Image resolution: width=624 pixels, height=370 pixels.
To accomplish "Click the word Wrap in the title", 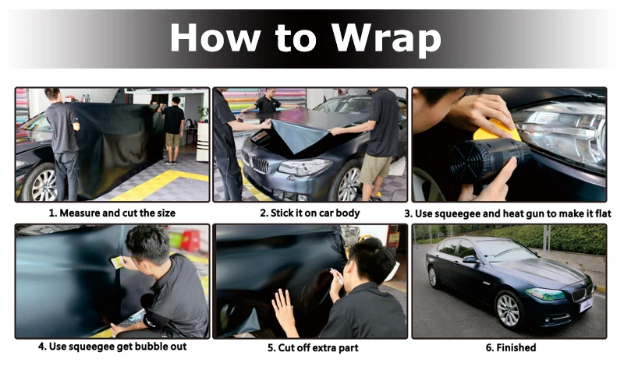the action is pos(386,39).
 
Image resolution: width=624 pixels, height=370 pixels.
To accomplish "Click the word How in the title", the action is pos(215,37).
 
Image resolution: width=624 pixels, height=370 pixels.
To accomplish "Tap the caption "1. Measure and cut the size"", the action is pos(112,213).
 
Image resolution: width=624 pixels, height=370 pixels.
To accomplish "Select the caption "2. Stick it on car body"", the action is pos(310,213).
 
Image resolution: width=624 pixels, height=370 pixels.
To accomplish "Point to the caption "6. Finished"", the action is pos(511,347).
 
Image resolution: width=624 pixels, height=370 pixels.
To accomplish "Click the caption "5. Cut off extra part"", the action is pos(313,347).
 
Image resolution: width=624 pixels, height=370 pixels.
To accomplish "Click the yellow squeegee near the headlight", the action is pos(497,130).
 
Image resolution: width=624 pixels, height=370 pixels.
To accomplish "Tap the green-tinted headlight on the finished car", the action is pos(544,294).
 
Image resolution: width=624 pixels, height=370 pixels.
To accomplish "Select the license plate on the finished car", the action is pos(587,305).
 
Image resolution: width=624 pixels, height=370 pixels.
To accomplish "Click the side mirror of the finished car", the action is pos(470,259).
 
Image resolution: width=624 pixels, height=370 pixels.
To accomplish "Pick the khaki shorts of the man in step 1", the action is pos(172,140).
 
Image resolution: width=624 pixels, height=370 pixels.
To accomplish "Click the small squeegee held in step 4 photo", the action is pos(118,263).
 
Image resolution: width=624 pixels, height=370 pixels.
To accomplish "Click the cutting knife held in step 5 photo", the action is pos(337,277).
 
